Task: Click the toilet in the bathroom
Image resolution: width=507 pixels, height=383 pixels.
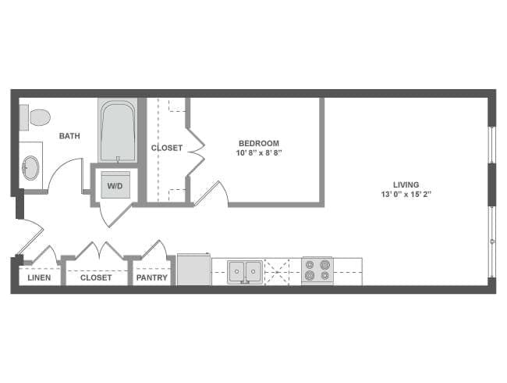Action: [x=37, y=118]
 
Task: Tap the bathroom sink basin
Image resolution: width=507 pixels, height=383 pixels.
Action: [x=30, y=167]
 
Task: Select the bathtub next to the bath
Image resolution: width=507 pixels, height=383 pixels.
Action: [x=118, y=133]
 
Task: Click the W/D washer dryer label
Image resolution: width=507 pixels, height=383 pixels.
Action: [x=115, y=187]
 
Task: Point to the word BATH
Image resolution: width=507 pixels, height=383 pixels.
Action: [x=69, y=136]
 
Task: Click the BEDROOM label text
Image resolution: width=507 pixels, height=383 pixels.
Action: [x=259, y=143]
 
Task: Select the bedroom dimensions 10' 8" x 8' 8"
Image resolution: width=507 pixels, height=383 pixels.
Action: [x=259, y=153]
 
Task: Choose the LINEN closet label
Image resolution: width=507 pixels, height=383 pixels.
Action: [x=38, y=277]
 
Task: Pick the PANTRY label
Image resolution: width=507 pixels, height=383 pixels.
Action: [x=152, y=277]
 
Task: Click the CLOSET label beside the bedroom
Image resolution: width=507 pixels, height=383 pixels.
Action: [x=167, y=148]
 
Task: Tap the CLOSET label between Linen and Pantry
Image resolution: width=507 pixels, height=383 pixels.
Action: [x=96, y=277]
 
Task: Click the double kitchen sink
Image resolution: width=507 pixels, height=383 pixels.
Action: [x=245, y=271]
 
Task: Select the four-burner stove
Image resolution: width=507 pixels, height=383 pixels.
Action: [x=317, y=270]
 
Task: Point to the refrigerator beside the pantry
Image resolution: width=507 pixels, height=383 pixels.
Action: [x=193, y=270]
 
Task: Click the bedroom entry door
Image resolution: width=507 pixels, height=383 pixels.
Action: [x=211, y=193]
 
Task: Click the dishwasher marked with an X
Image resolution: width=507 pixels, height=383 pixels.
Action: [x=275, y=271]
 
